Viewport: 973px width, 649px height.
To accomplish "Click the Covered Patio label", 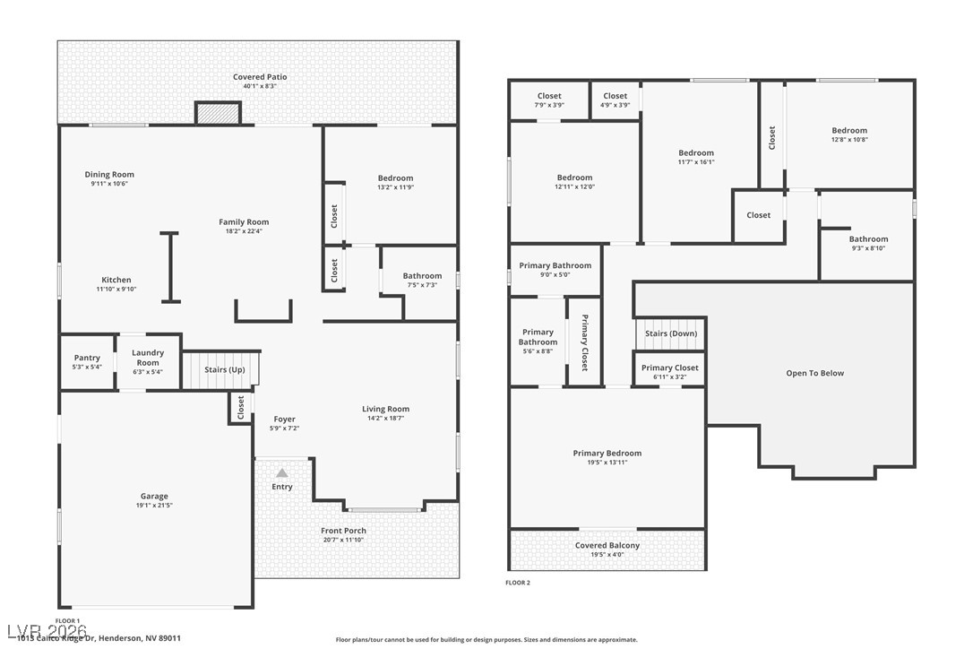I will pos(260,77).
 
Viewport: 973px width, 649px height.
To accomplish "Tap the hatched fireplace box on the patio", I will pos(219,114).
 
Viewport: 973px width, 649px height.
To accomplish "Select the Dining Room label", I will pos(109,175).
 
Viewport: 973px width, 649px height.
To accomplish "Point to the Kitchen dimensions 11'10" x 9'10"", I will pos(116,290).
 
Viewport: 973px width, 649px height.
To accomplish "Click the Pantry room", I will pos(87,361).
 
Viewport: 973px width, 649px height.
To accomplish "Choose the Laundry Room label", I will pos(148,358).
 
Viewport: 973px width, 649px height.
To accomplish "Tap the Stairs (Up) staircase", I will pos(221,369).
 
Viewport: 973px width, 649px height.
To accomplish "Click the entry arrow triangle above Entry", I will pos(281,472).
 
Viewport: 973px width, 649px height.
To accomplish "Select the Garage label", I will pos(154,496).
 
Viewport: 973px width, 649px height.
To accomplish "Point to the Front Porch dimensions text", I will pos(344,541).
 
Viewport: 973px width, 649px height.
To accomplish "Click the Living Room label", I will pos(385,409).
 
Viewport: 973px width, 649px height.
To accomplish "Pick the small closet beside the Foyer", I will pos(240,408).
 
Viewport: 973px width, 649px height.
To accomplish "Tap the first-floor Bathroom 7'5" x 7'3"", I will pos(421,280).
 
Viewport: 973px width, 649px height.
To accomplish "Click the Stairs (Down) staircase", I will pos(670,333).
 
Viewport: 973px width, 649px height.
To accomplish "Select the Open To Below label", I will pos(814,373).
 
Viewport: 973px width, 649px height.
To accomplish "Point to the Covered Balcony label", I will pos(607,545).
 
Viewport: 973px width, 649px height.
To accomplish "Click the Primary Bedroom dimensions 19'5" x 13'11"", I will pos(607,463).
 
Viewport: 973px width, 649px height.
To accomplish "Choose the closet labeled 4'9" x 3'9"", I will pos(615,100).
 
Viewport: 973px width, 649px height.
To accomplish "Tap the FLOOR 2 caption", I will pos(518,583).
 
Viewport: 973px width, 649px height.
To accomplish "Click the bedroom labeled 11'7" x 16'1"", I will pos(696,157).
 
